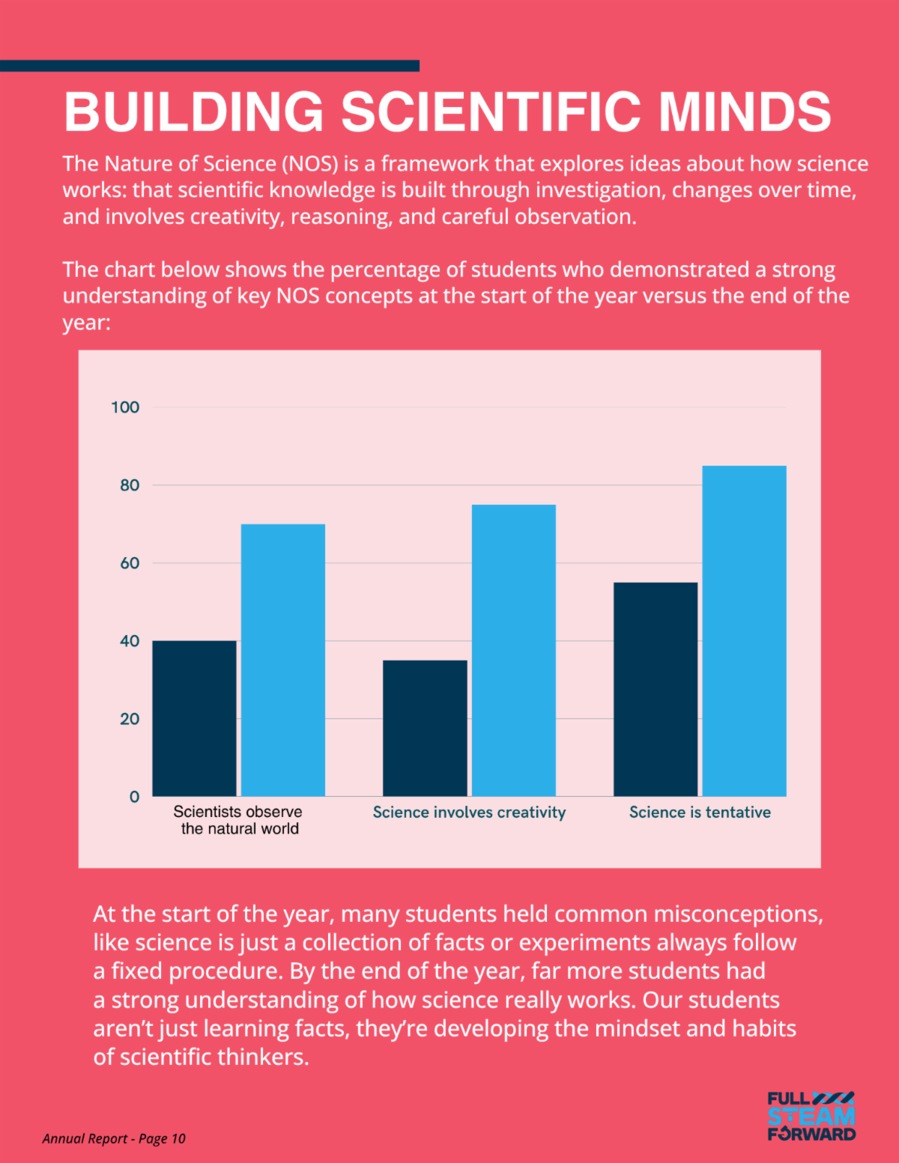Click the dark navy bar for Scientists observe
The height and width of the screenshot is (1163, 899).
pyautogui.click(x=195, y=718)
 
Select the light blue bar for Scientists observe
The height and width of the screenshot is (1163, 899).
pyautogui.click(x=283, y=660)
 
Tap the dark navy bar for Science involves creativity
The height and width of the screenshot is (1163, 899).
pyautogui.click(x=425, y=728)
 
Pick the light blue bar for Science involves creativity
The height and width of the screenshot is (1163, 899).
pyautogui.click(x=514, y=650)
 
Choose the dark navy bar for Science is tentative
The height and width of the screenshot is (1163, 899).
pyautogui.click(x=656, y=689)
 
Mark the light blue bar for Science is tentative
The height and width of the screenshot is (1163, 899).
pyautogui.click(x=744, y=631)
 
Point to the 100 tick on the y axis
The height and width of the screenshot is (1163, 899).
pyautogui.click(x=125, y=407)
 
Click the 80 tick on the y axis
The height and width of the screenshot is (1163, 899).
pyautogui.click(x=130, y=485)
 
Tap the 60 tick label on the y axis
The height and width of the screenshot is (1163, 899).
pyautogui.click(x=130, y=563)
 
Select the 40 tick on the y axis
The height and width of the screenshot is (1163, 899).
pyautogui.click(x=130, y=641)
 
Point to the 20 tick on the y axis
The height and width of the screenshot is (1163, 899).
pyautogui.click(x=130, y=719)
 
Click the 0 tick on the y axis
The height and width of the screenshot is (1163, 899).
pyautogui.click(x=134, y=797)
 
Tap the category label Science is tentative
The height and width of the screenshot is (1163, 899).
pyautogui.click(x=700, y=813)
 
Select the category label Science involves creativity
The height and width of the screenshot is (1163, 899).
pyautogui.click(x=469, y=813)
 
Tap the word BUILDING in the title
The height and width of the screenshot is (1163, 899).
pyautogui.click(x=194, y=112)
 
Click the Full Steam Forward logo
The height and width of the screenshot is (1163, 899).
pyautogui.click(x=811, y=1116)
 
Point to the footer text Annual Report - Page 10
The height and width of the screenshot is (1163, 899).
pyautogui.click(x=114, y=1138)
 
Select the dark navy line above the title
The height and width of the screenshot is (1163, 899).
pyautogui.click(x=210, y=66)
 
